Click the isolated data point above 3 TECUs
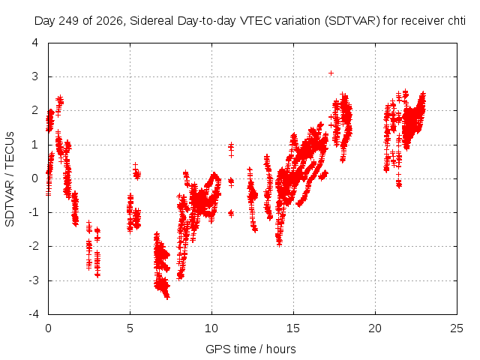click(331, 73)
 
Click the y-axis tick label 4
click(35, 43)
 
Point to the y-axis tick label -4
click(34, 314)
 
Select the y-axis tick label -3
click(34, 280)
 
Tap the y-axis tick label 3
click(35, 76)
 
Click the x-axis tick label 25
click(457, 328)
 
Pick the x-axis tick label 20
click(375, 328)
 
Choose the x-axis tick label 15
click(293, 328)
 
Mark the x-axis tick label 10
click(211, 328)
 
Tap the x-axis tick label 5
click(130, 328)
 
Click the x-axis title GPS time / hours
click(250, 349)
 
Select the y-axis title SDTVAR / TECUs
click(10, 179)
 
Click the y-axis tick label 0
click(35, 178)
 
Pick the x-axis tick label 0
click(48, 328)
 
